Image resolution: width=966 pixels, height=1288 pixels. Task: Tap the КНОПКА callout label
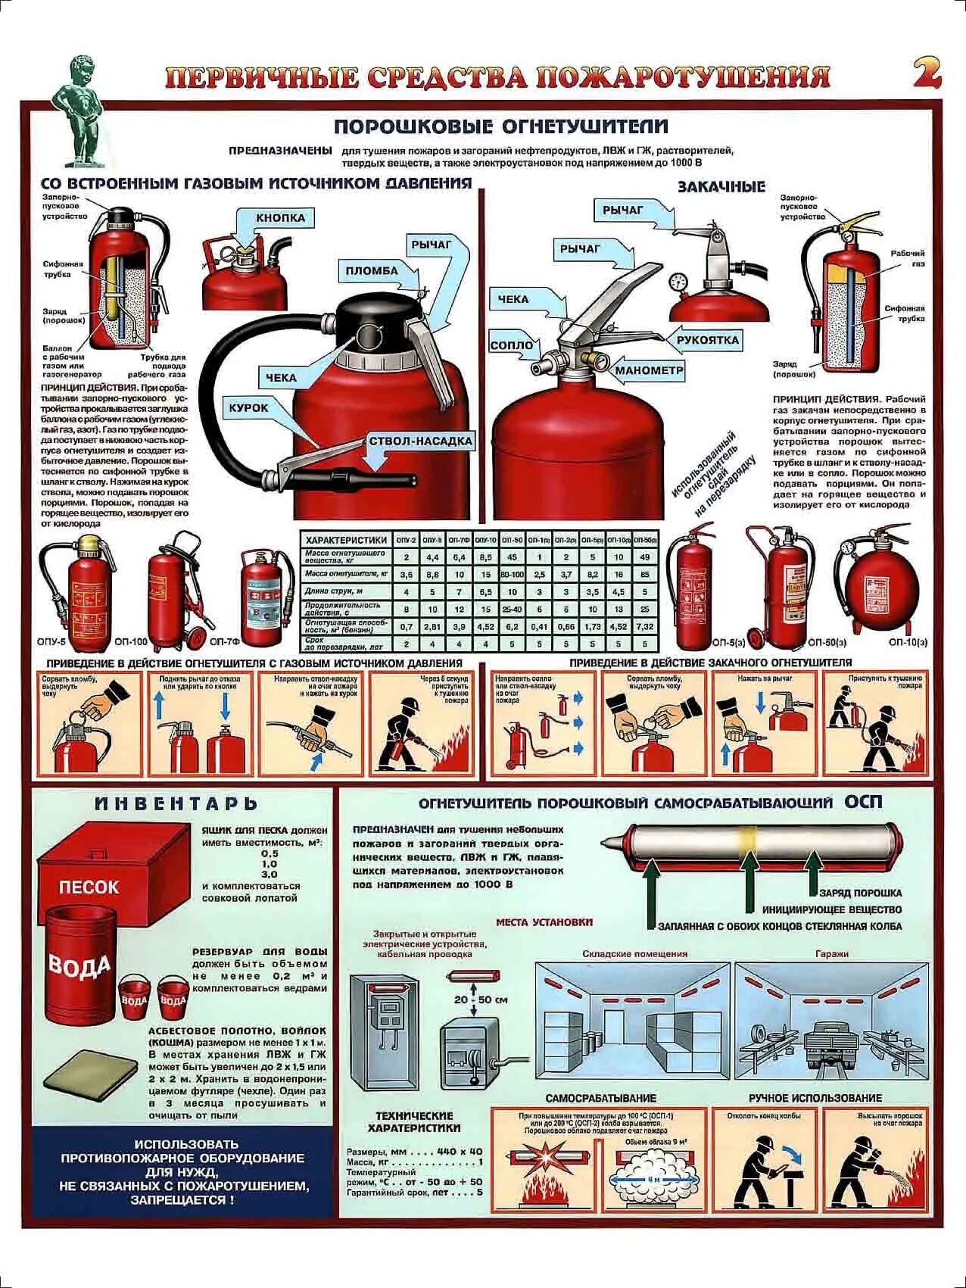tap(280, 218)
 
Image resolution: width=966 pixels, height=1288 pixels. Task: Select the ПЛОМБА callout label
tap(372, 270)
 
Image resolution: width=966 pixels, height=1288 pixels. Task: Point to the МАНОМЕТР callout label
tap(649, 370)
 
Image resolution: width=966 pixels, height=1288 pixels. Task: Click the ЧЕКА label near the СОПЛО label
tap(513, 299)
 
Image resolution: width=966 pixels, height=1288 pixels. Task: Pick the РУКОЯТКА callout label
tap(707, 340)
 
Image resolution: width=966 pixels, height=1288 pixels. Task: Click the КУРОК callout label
tap(249, 407)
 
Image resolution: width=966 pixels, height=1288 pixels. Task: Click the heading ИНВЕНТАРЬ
tap(176, 803)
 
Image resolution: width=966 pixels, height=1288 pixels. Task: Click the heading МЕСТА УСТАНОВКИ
tap(544, 922)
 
